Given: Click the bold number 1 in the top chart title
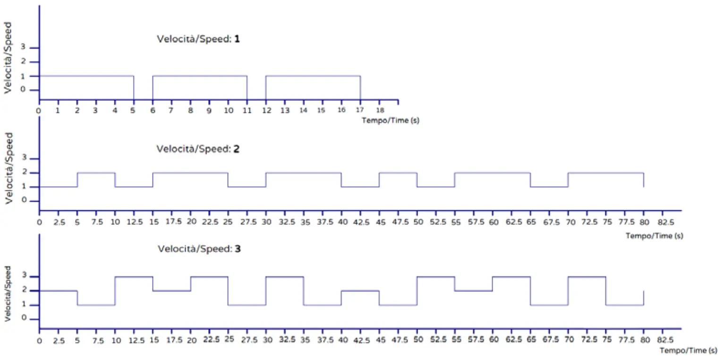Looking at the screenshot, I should pyautogui.click(x=237, y=39).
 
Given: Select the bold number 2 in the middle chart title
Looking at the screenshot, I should pyautogui.click(x=237, y=149).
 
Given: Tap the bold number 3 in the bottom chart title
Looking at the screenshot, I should pyautogui.click(x=238, y=249).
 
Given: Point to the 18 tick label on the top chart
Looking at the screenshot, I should pyautogui.click(x=379, y=110).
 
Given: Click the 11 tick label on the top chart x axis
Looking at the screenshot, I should pyautogui.click(x=247, y=110).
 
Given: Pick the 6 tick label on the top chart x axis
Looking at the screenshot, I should pyautogui.click(x=152, y=110).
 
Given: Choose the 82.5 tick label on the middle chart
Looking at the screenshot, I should pyautogui.click(x=663, y=222).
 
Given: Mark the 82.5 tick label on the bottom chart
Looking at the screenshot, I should pyautogui.click(x=663, y=340).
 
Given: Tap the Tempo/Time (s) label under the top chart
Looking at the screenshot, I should pyautogui.click(x=390, y=120).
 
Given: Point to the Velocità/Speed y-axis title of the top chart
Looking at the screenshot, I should pyautogui.click(x=8, y=57).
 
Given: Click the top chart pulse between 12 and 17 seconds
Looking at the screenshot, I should pyautogui.click(x=313, y=76).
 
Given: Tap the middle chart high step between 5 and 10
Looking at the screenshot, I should pyautogui.click(x=96, y=173).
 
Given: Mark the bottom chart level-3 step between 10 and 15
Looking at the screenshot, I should pyautogui.click(x=134, y=277).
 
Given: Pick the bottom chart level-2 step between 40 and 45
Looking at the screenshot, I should pyautogui.click(x=360, y=291).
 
